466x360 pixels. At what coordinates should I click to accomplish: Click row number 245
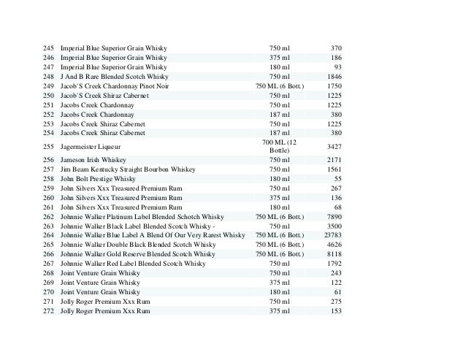pyautogui.click(x=48, y=48)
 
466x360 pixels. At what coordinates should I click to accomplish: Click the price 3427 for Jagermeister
pyautogui.click(x=333, y=147)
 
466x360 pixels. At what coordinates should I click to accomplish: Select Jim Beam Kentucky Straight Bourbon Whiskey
pyautogui.click(x=128, y=169)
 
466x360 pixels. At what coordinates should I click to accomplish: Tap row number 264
pyautogui.click(x=48, y=235)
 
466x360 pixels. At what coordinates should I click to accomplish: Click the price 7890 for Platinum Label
pyautogui.click(x=333, y=216)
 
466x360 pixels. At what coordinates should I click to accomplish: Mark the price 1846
pyautogui.click(x=333, y=76)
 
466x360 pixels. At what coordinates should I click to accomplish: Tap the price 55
pyautogui.click(x=337, y=179)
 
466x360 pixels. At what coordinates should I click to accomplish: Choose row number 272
pyautogui.click(x=48, y=310)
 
